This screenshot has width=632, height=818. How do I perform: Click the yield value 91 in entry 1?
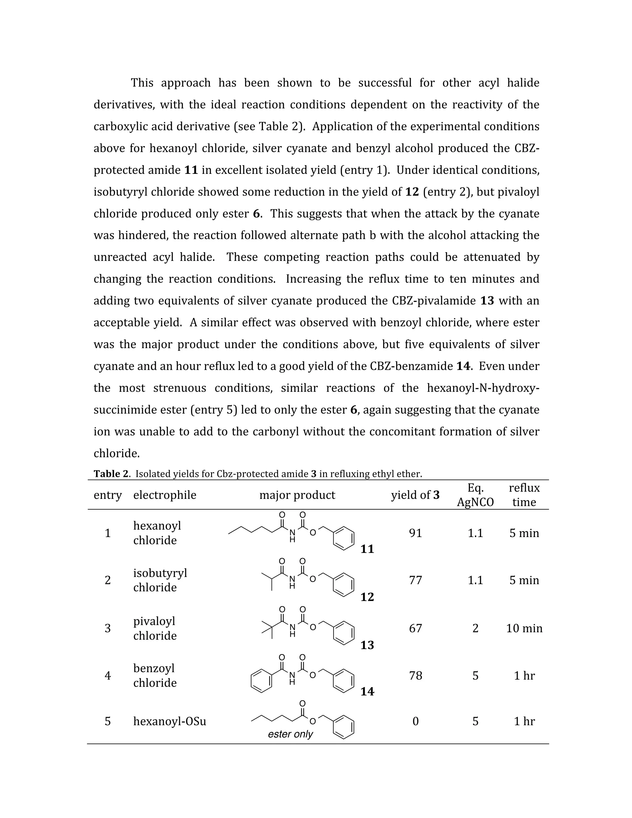click(x=415, y=533)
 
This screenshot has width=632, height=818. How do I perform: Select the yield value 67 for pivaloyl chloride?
click(x=415, y=628)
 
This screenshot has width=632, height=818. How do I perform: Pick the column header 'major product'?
click(x=297, y=495)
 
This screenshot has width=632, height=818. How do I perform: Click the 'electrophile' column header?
click(x=165, y=495)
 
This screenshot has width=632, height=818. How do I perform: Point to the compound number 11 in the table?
click(x=367, y=549)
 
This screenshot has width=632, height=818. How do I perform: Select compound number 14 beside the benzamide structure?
click(x=367, y=691)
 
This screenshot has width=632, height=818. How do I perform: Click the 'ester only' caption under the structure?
click(x=290, y=734)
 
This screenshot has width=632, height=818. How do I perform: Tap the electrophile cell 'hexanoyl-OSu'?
click(x=170, y=721)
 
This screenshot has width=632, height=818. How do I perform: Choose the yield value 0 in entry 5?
click(x=415, y=721)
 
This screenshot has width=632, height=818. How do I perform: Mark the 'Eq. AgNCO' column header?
click(x=475, y=495)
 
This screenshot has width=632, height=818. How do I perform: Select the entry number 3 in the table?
click(x=108, y=628)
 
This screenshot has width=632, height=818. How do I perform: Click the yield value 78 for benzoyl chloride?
click(x=415, y=676)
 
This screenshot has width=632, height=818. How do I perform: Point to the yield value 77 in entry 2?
click(x=415, y=580)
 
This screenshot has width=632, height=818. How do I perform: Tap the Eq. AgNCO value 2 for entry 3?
click(x=475, y=628)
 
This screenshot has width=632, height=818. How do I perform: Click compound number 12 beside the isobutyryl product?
click(x=367, y=597)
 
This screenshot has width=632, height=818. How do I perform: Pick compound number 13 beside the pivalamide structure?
click(x=367, y=645)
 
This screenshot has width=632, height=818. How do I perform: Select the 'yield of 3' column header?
click(x=415, y=495)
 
